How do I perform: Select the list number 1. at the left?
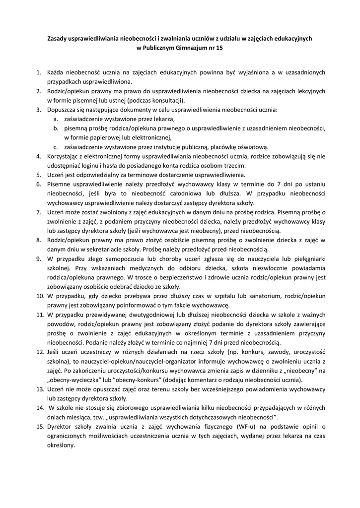(38, 72)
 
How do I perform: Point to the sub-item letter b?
(57, 128)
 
